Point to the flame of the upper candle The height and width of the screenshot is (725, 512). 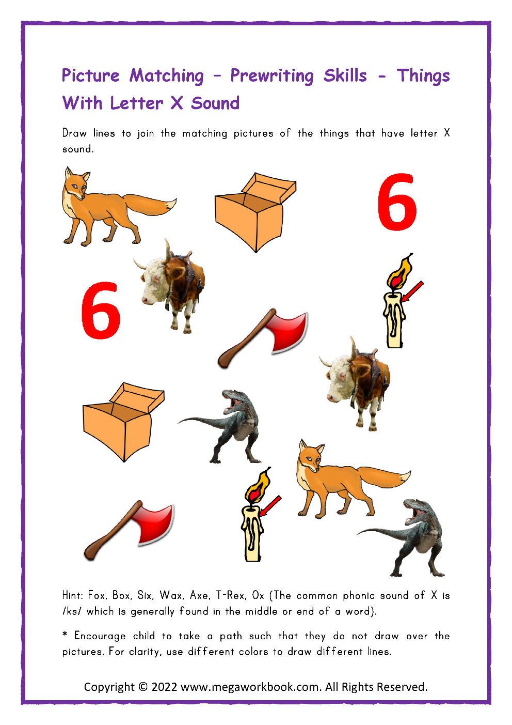[x=400, y=272]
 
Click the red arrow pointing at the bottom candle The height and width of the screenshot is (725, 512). [x=270, y=506]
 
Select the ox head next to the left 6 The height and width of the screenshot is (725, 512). [x=155, y=285]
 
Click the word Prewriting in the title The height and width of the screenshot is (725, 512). [x=271, y=76]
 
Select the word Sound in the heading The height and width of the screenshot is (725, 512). [x=215, y=103]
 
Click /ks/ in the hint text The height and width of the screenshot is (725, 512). [x=72, y=611]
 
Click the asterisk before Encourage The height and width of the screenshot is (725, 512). [x=65, y=635]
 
